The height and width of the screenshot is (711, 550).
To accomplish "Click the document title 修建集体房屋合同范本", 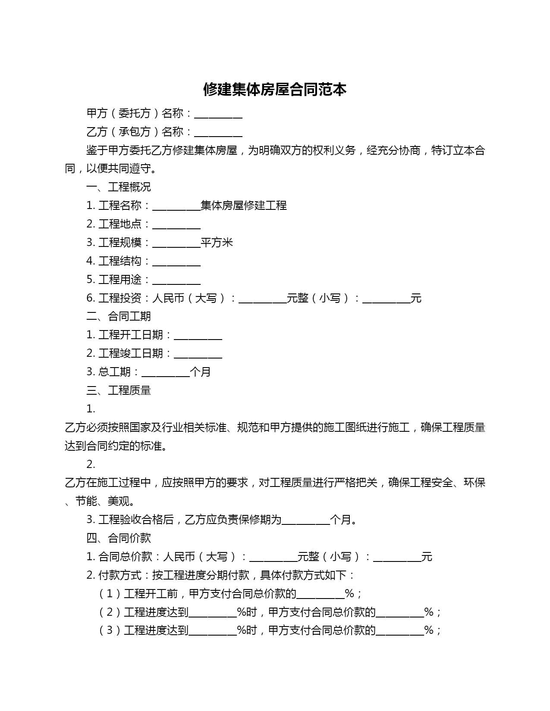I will [x=275, y=90].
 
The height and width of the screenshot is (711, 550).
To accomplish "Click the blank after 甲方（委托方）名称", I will [x=218, y=114].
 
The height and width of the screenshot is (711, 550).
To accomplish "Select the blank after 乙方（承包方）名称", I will [x=218, y=133].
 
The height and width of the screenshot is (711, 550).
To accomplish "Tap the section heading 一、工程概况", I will [x=119, y=187].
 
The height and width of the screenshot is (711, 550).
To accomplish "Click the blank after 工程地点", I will [x=176, y=225].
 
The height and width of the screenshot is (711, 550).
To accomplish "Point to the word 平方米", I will [x=217, y=243].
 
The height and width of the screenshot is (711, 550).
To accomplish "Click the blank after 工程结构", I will [x=176, y=262].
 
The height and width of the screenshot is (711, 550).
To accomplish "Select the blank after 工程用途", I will [x=176, y=281].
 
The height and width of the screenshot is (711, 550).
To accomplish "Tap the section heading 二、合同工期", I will [x=119, y=316].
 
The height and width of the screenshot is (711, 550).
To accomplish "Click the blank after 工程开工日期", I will [x=198, y=336].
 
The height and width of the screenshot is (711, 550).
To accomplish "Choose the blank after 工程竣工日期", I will [x=198, y=355].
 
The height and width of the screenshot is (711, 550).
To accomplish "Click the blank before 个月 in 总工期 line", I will [x=166, y=373].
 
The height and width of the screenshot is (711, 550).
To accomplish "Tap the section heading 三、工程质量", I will [x=119, y=390].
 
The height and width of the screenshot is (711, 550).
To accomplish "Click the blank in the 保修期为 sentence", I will [x=305, y=521].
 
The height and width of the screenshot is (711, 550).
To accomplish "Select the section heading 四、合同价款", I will [x=119, y=538].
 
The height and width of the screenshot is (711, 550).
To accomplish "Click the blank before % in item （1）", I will [x=321, y=595].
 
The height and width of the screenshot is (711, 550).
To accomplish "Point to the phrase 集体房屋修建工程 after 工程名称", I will [x=244, y=206].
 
